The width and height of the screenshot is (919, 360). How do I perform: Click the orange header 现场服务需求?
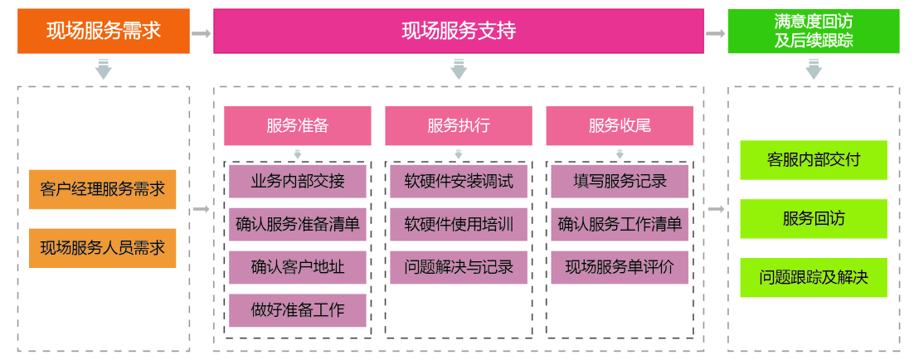[104, 32]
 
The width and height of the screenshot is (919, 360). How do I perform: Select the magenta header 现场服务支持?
[459, 32]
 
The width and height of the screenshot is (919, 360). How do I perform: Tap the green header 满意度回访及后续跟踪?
[814, 32]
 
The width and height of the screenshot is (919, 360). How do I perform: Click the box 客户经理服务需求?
[103, 189]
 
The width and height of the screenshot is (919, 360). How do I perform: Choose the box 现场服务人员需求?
[103, 248]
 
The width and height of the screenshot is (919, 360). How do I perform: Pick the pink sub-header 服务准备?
[297, 126]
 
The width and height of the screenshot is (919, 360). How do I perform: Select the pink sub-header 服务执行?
[459, 126]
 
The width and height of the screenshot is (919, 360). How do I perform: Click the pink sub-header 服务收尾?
[620, 126]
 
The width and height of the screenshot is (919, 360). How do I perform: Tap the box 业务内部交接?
[297, 181]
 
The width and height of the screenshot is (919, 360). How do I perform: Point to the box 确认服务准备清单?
[297, 224]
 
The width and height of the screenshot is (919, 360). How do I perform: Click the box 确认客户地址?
[297, 267]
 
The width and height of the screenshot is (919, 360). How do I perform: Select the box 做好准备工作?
[297, 310]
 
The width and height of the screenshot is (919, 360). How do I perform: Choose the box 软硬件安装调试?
[459, 181]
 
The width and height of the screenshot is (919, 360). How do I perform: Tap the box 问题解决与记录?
[459, 267]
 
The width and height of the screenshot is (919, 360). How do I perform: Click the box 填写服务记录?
[620, 181]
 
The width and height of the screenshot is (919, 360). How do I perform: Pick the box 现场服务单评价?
[620, 267]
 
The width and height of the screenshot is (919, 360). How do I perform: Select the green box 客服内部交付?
[814, 160]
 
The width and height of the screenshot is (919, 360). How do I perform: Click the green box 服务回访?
[814, 219]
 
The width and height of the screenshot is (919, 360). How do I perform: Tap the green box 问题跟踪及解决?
[814, 278]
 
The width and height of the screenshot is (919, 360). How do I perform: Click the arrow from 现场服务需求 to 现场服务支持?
[201, 33]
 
